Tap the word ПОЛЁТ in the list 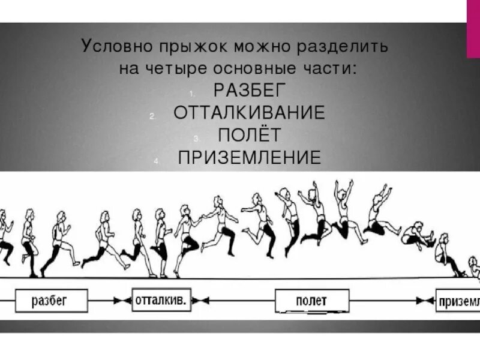pyautogui.click(x=250, y=134)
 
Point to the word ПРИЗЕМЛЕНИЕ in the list pyautogui.click(x=250, y=157)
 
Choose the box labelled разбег pyautogui.click(x=51, y=299)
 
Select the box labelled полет pyautogui.click(x=311, y=299)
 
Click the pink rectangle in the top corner pyautogui.click(x=473, y=29)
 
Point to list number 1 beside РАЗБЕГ pyautogui.click(x=190, y=94)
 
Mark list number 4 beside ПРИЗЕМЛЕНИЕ pyautogui.click(x=155, y=161)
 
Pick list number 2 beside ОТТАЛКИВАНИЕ pyautogui.click(x=152, y=116)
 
